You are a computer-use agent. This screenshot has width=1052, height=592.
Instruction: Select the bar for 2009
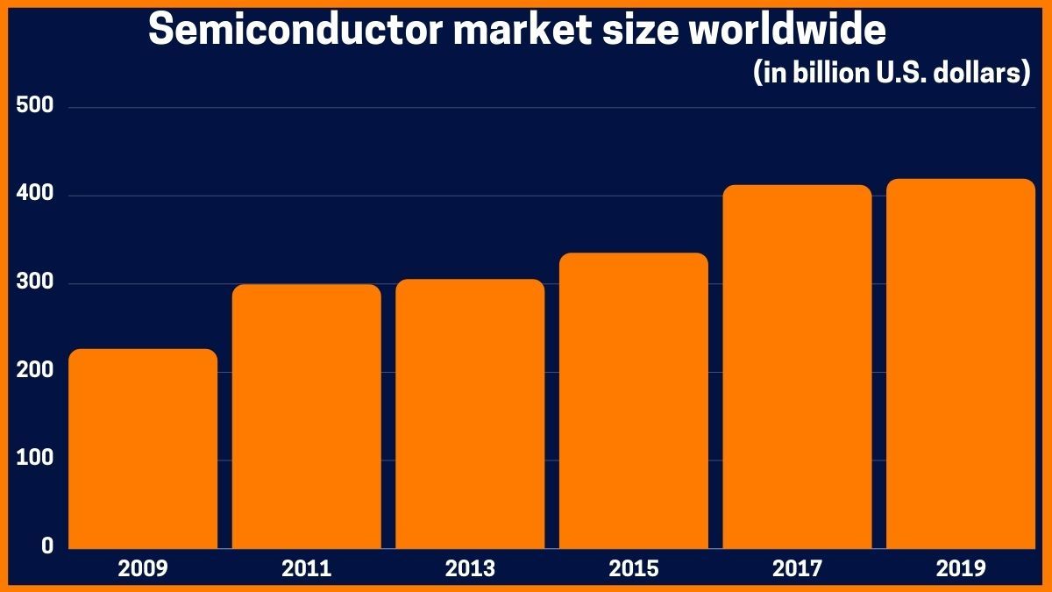click(143, 448)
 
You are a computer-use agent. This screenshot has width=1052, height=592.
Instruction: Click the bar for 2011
click(307, 416)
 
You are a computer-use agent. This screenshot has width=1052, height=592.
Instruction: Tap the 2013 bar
click(470, 413)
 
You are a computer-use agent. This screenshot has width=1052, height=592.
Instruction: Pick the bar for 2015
click(634, 400)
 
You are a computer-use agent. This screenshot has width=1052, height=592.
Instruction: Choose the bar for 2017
click(797, 367)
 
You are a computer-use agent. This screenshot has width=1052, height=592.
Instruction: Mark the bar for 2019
click(961, 363)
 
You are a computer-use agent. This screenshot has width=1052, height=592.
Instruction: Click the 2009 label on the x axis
click(143, 569)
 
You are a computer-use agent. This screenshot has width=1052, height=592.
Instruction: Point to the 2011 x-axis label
click(307, 569)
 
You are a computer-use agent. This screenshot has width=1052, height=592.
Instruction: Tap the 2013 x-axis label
click(470, 569)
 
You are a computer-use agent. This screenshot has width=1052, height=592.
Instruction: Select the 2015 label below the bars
click(634, 569)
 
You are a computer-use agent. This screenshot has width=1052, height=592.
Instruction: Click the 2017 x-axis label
click(797, 569)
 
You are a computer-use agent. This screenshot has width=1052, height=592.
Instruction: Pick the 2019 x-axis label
click(961, 569)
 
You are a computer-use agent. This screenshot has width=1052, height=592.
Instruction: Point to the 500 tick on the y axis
click(36, 106)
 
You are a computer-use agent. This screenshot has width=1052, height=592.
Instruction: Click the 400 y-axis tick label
click(36, 195)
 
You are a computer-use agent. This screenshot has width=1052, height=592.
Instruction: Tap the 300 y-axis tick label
click(36, 282)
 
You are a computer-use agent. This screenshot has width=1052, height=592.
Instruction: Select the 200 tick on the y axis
click(36, 371)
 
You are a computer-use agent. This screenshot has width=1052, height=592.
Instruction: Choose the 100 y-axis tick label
click(36, 459)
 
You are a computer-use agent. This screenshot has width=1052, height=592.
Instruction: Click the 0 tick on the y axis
click(48, 546)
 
